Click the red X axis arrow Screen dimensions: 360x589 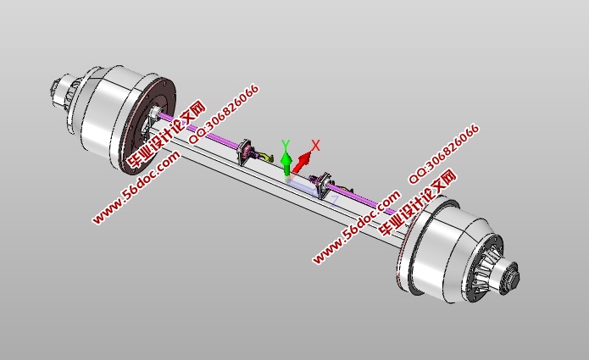click(x=303, y=160)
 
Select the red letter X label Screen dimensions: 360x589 click(x=316, y=146)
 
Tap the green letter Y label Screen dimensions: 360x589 click(x=286, y=145)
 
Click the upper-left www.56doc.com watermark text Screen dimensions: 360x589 click(x=136, y=187)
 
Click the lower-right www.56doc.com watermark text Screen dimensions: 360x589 click(x=356, y=227)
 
